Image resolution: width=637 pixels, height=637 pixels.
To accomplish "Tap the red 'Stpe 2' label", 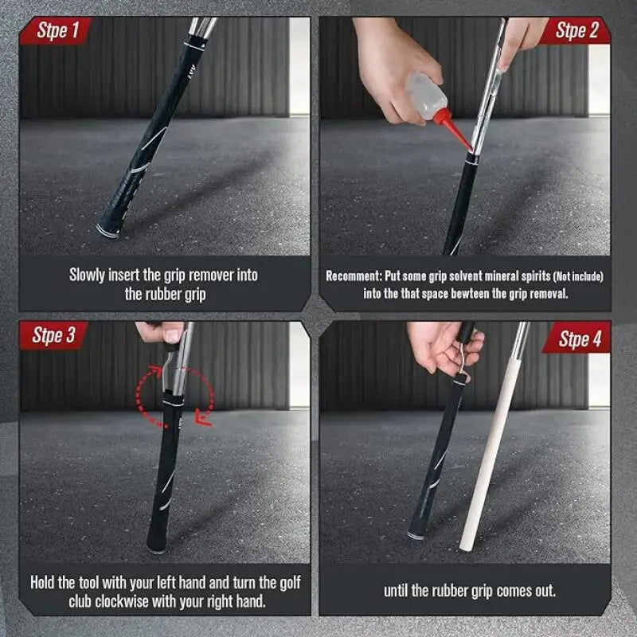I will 576,31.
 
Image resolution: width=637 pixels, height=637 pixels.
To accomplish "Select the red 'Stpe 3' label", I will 54,335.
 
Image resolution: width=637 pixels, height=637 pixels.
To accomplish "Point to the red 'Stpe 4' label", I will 580,339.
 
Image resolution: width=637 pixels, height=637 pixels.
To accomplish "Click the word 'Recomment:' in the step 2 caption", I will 355,276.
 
